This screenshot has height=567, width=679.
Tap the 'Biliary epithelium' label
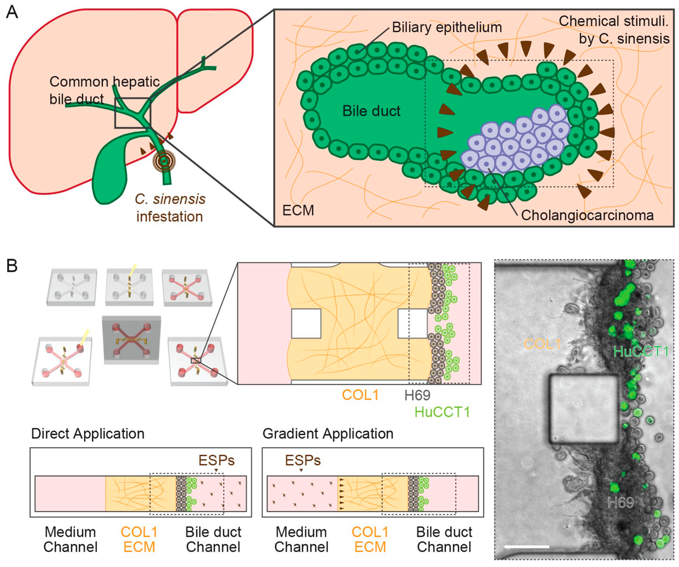(447, 28)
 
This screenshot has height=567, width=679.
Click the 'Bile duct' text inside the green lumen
(371, 111)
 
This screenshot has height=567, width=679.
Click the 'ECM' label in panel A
(298, 210)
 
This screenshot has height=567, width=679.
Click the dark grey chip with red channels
(131, 339)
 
